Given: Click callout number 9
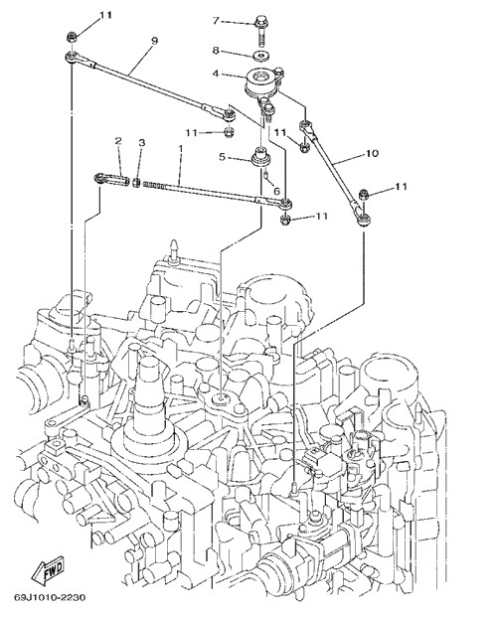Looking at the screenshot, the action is pos(154,41).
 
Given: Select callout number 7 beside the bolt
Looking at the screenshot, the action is pos(216,20).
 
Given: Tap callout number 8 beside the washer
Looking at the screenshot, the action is pos(216,51).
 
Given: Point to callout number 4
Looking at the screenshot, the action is pos(216,74).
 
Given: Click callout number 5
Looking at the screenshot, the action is pos(222,157).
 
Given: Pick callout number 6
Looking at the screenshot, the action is pos(276,191).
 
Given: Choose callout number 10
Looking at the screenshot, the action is pos(372,153).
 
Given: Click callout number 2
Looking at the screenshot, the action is pos(118,141).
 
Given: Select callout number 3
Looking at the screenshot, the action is pos(141,142).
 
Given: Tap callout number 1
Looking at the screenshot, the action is pos(181,149).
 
